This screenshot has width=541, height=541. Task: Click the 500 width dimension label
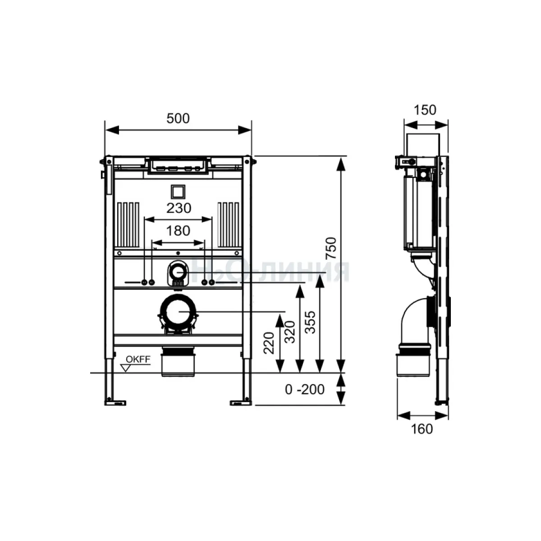tap(178, 119)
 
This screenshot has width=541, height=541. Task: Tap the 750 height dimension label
tap(331, 248)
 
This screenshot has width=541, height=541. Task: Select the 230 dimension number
tap(179, 208)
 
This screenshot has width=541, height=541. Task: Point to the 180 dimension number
tap(178, 231)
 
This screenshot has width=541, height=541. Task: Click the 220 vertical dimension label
tap(269, 343)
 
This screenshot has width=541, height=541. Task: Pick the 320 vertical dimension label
tap(290, 332)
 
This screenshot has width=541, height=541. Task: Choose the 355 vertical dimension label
tap(310, 322)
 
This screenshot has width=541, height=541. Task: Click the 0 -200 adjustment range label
tap(305, 390)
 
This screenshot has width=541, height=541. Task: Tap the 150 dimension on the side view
tap(425, 110)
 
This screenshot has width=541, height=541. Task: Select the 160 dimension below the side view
tap(422, 429)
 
